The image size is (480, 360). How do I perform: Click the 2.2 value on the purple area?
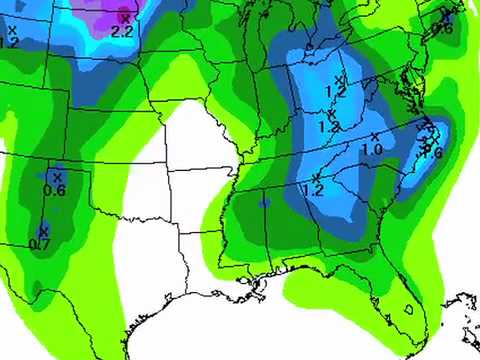[x=123, y=32]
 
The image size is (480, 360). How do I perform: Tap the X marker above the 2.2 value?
[x=125, y=17]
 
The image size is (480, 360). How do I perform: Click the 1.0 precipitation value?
[x=372, y=150]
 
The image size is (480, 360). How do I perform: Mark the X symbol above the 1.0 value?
[x=375, y=136]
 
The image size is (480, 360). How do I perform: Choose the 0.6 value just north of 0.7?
[x=54, y=191]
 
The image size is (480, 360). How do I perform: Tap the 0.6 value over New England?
[x=444, y=28]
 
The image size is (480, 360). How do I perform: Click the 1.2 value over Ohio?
[x=335, y=91]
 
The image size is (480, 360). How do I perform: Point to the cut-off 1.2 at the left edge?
[x=9, y=41]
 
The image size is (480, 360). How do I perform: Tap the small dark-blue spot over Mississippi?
[x=263, y=202]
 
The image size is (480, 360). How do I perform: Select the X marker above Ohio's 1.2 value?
[x=338, y=77]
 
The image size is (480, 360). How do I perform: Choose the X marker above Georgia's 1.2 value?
[x=315, y=176]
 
